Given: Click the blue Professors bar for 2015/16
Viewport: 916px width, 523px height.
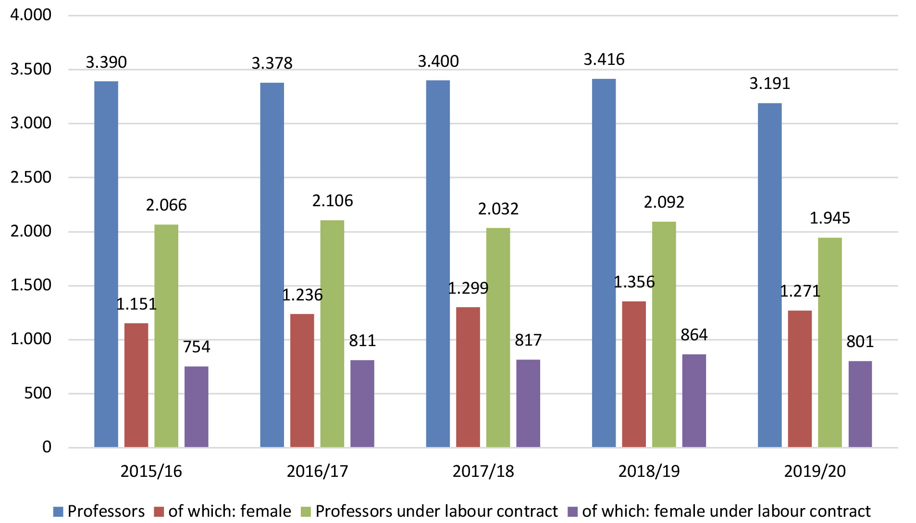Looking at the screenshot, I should [x=106, y=264].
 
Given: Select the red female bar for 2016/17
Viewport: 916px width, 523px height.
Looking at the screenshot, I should [x=302, y=380].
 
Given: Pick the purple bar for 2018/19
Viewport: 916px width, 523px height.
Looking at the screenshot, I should [x=694, y=400].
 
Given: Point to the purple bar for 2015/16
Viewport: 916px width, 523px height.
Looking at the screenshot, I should [x=196, y=407].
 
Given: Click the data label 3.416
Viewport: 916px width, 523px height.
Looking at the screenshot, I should [x=604, y=60].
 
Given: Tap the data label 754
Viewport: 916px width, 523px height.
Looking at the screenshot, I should [x=197, y=347].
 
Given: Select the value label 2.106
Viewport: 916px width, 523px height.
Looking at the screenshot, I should [x=333, y=200].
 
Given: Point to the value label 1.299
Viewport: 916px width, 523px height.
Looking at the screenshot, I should [x=468, y=288].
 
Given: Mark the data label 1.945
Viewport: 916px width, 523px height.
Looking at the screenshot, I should [x=830, y=218].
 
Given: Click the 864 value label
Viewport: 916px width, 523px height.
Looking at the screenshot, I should [x=694, y=335].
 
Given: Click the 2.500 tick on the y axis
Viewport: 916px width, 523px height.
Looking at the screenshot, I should [x=31, y=177].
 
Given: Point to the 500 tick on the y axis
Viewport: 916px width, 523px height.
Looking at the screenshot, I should [x=37, y=393].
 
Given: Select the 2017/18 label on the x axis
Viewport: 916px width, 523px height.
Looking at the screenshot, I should [x=483, y=471].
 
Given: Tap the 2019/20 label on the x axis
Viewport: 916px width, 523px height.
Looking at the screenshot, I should [x=815, y=471].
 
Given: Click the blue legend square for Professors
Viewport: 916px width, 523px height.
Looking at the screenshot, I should [x=58, y=511].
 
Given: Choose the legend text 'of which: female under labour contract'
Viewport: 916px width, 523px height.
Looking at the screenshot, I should [x=726, y=511].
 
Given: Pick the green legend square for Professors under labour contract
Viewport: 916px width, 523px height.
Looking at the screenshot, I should [x=306, y=511].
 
